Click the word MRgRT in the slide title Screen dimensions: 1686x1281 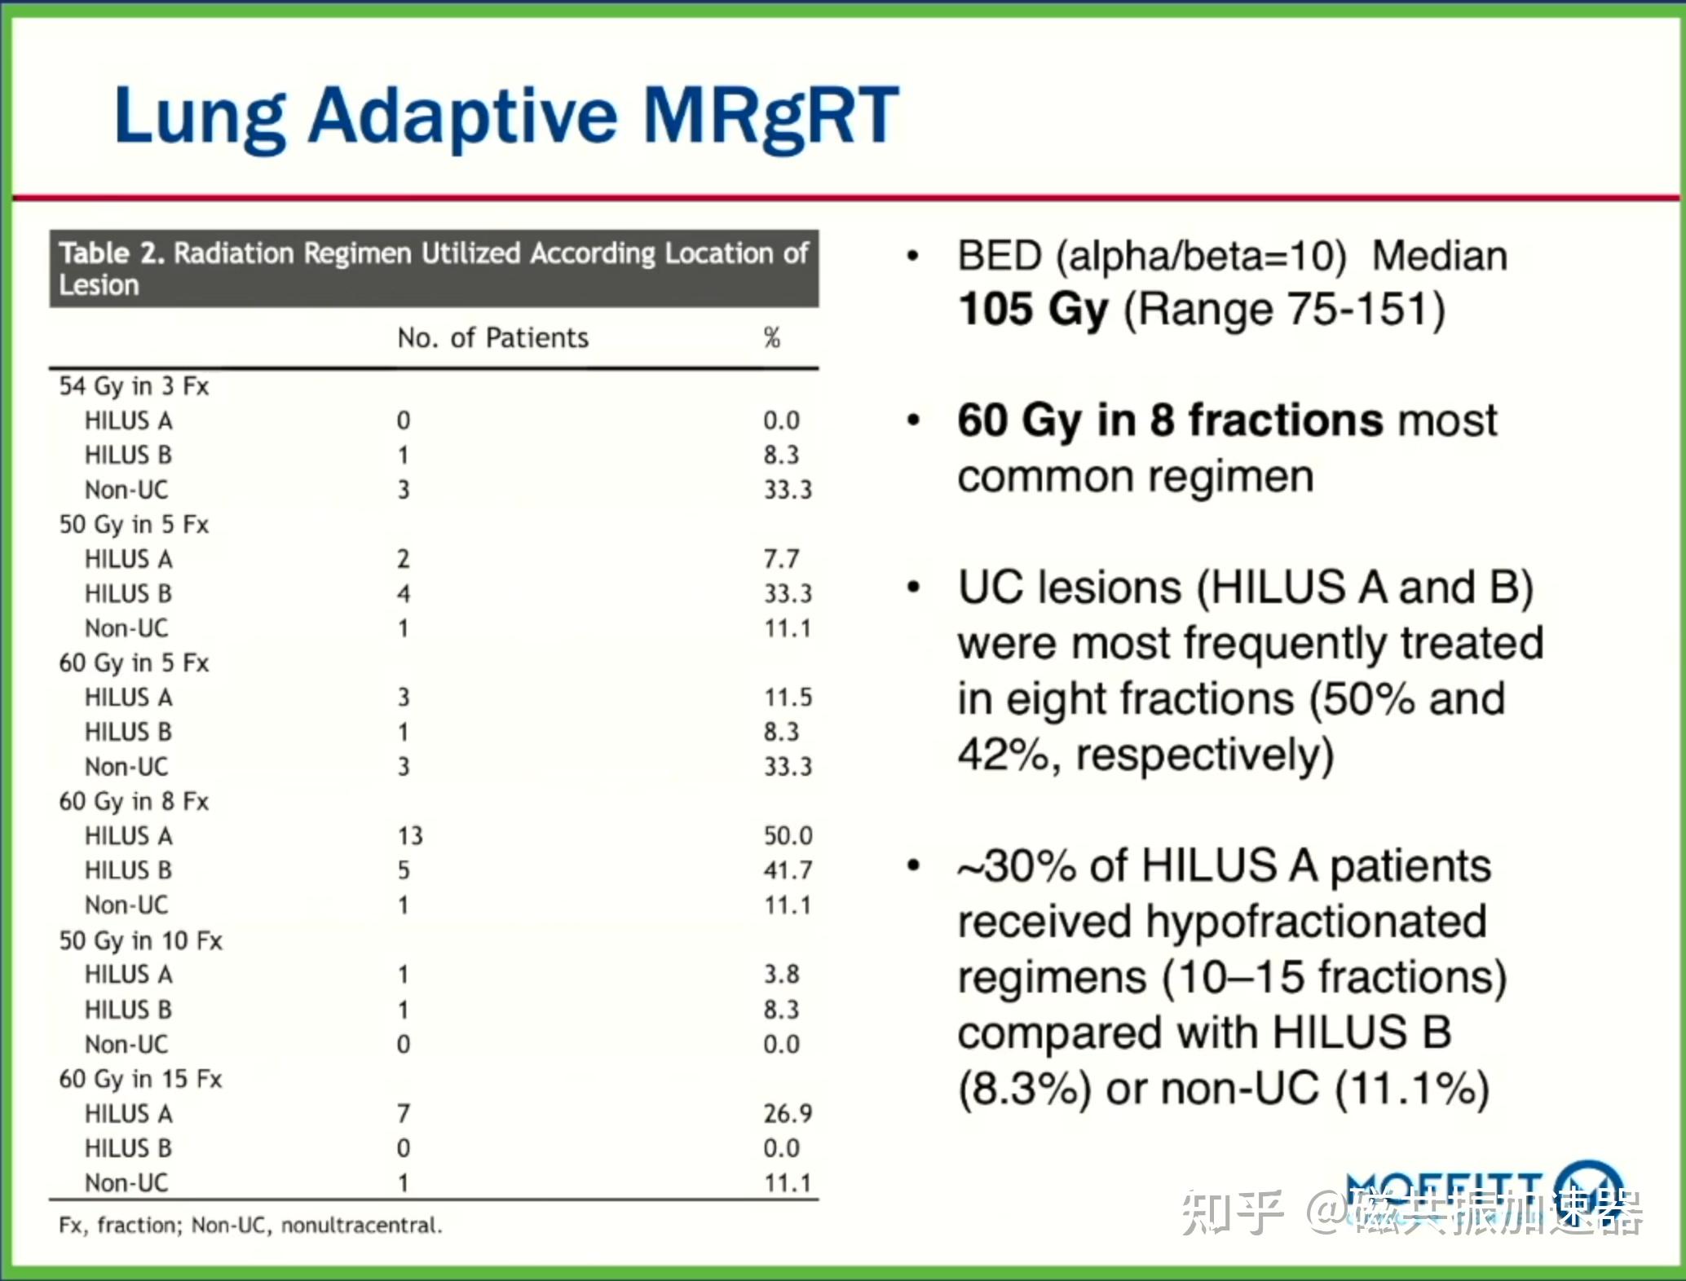pos(770,117)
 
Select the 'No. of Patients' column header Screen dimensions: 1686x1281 pos(492,337)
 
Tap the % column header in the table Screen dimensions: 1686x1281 pos(771,337)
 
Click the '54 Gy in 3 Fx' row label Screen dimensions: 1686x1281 pos(134,386)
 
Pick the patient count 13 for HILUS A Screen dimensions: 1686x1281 pos(410,836)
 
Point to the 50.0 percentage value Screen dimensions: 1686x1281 pos(788,836)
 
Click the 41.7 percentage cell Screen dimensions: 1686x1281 pos(788,870)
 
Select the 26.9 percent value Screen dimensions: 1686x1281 pos(788,1113)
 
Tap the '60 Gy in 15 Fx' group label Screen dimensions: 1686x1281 pos(140,1080)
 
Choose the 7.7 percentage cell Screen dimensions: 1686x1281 pos(781,559)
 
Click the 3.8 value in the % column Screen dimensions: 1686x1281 pos(781,974)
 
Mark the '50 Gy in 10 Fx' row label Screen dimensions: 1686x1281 pos(140,941)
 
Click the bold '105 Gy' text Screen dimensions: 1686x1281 pos(1033,310)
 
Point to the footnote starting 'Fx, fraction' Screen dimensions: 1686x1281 pos(250,1226)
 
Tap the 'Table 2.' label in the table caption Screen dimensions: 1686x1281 pos(112,253)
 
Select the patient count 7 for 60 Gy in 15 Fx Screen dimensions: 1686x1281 pos(404,1113)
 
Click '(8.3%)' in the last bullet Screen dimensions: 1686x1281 pos(1025,1090)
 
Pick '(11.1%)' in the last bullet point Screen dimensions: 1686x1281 pos(1413,1090)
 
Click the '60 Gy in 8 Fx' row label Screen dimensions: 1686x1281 pos(134,802)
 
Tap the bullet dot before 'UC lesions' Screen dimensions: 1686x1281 pos(914,588)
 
